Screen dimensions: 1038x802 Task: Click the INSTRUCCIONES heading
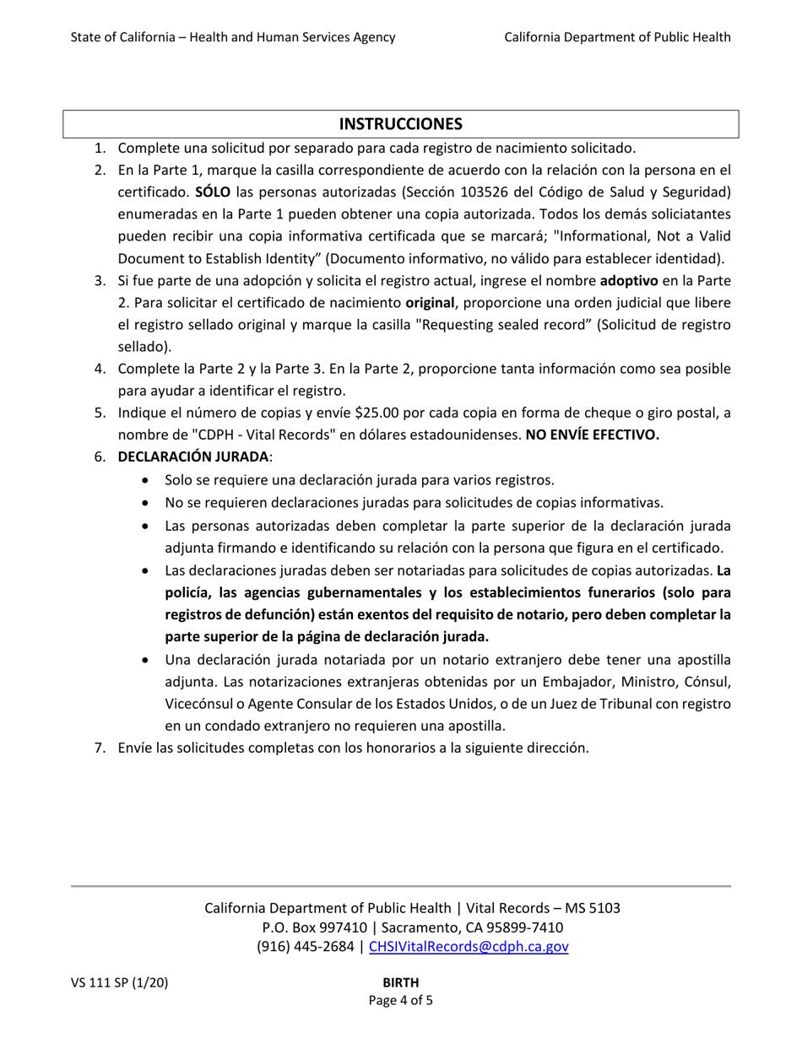tap(401, 124)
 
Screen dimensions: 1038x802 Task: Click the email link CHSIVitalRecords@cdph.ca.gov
tap(469, 946)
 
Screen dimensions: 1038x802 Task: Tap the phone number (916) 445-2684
tap(306, 946)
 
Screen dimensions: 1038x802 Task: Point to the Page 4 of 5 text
tap(401, 1001)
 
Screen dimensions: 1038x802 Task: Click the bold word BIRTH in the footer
tap(401, 982)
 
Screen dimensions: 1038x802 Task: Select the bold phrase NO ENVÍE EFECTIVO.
tap(592, 435)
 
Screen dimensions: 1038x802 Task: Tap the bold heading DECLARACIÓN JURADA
tap(194, 457)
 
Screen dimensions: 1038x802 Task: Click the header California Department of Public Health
tap(617, 36)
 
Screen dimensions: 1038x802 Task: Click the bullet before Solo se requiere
tap(149, 480)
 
